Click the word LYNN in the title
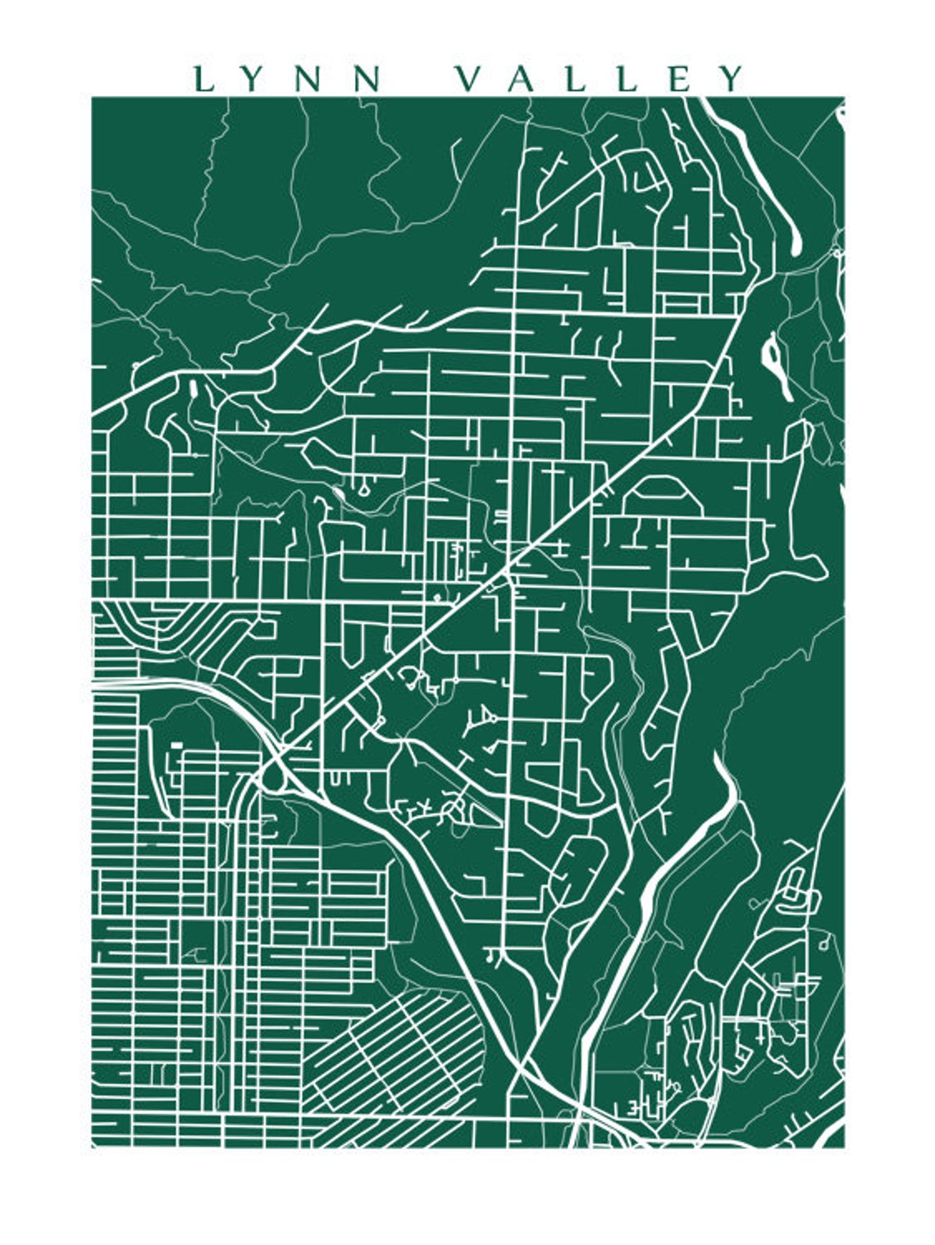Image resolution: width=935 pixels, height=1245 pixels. point(287,80)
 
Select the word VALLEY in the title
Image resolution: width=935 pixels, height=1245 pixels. point(600,80)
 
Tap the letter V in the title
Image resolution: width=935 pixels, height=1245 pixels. point(468,80)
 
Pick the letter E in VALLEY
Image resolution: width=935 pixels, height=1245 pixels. point(681,80)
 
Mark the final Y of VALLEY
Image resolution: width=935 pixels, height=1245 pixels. point(732,80)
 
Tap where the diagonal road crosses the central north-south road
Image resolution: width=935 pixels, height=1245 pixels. point(512,566)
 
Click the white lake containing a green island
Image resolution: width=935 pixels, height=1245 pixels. point(774,359)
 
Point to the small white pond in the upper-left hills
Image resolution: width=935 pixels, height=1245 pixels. point(193,388)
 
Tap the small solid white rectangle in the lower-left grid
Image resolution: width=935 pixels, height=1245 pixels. point(176,746)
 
